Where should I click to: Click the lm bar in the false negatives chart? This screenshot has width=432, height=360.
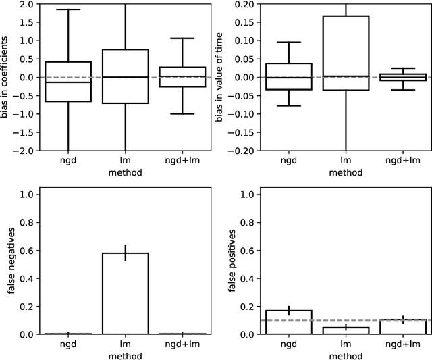click(125, 294)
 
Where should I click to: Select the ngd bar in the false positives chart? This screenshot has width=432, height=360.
click(289, 322)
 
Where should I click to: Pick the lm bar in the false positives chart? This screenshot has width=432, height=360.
click(345, 330)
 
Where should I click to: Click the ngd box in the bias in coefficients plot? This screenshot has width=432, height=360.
click(68, 82)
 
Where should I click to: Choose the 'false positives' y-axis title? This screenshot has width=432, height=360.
click(232, 263)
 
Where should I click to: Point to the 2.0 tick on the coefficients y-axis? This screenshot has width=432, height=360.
click(26, 4)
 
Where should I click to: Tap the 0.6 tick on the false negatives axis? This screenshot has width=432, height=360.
click(26, 251)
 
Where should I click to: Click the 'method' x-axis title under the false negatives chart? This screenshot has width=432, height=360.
click(125, 355)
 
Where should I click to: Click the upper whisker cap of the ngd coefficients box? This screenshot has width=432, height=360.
click(68, 9)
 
